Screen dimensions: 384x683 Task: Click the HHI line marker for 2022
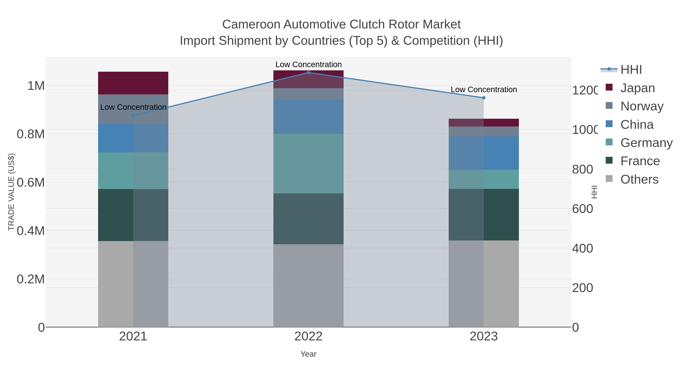pos(308,73)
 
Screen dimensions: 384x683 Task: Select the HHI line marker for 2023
pos(484,98)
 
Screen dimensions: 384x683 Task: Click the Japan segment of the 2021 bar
pos(133,83)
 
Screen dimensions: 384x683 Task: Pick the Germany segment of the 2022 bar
pos(308,163)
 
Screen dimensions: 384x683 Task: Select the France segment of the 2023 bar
pos(484,215)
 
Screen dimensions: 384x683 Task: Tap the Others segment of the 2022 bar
pos(308,285)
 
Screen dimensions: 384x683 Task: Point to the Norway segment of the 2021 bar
pos(133,109)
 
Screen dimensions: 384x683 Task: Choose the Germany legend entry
pos(646,143)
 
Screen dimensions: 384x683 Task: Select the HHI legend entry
pos(631,70)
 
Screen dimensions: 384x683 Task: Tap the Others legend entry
pos(639,179)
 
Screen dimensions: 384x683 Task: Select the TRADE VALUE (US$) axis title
pos(11,192)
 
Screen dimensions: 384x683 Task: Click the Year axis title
pos(308,354)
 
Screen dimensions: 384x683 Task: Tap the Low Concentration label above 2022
pos(308,64)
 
